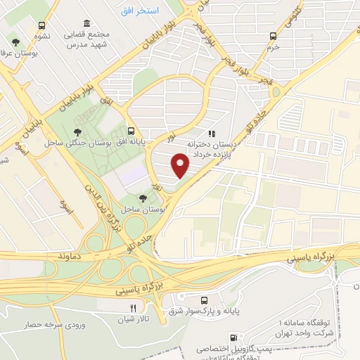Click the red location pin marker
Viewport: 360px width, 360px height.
(181, 164)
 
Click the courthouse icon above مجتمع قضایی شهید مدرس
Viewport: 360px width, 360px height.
(86, 24)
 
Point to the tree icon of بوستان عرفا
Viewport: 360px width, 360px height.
(15, 44)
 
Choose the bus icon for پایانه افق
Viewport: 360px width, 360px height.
(131, 131)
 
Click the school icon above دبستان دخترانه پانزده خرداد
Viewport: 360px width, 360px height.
(209, 131)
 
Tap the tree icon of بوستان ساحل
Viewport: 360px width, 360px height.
(143, 199)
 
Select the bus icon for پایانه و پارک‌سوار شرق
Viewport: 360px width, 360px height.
(204, 298)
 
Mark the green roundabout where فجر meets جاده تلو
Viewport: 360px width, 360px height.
(276, 91)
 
